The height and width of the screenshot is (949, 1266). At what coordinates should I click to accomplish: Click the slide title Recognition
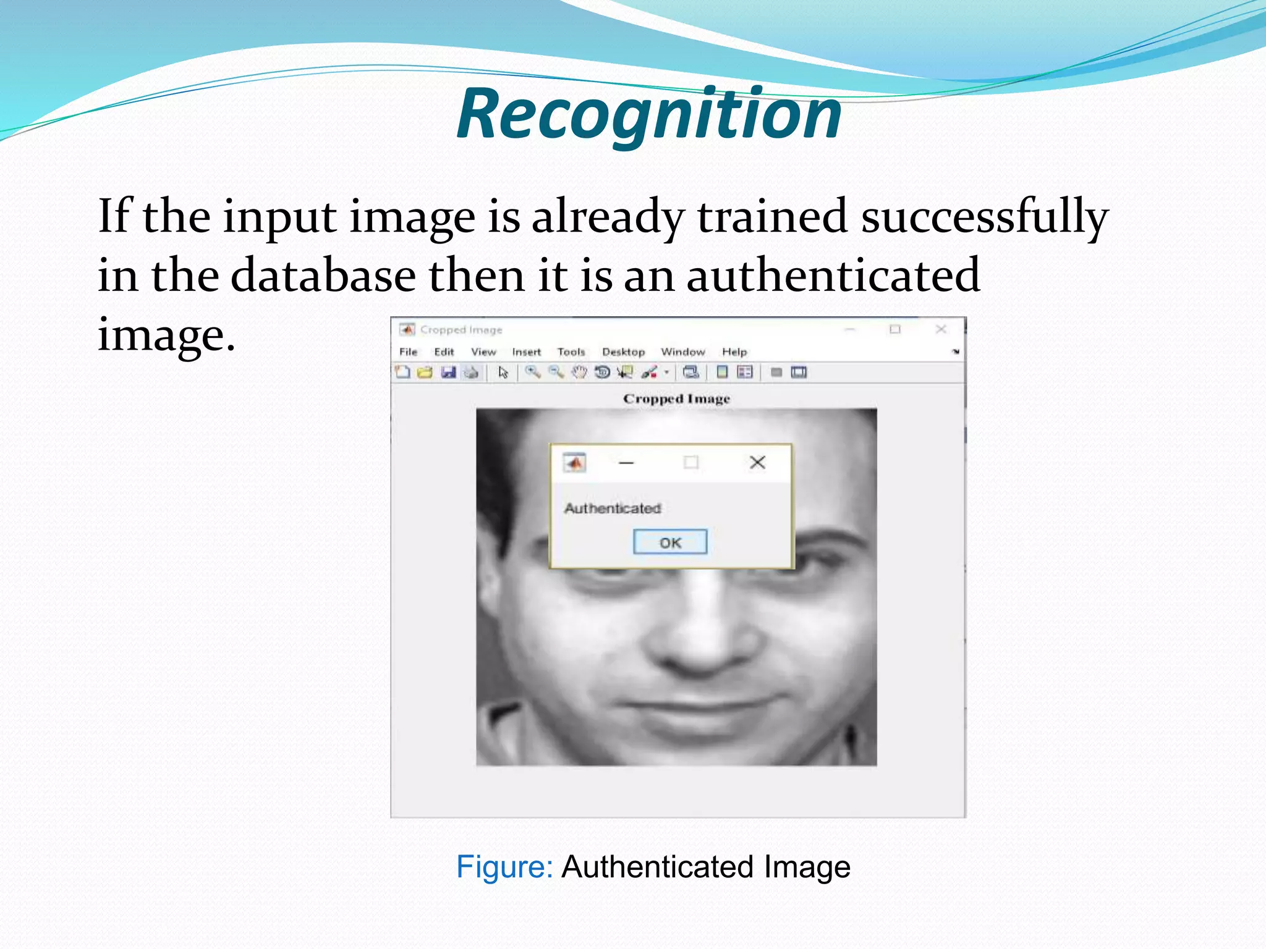[649, 114]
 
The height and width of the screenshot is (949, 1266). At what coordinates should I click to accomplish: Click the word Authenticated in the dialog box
[613, 508]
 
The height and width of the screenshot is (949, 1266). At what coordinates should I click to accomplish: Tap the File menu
[408, 352]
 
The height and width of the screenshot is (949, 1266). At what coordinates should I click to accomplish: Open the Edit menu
[444, 352]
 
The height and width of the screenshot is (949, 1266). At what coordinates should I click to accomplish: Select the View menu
[483, 352]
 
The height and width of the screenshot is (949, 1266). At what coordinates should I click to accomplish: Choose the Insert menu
[526, 352]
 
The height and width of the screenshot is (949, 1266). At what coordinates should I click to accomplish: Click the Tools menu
[571, 352]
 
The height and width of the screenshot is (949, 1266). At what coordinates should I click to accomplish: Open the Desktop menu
[623, 352]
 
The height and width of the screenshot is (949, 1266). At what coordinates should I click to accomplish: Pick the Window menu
[683, 352]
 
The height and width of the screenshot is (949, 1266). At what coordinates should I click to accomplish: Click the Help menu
[734, 352]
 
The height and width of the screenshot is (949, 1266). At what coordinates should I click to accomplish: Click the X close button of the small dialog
[757, 462]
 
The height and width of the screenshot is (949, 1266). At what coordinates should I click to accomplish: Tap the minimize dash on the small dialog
[626, 463]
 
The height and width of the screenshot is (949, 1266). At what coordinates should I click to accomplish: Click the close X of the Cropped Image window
[941, 329]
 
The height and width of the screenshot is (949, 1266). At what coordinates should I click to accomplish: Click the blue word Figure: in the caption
[504, 867]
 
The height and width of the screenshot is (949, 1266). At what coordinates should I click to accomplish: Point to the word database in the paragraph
[323, 276]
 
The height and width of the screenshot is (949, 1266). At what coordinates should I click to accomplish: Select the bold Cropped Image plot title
[676, 399]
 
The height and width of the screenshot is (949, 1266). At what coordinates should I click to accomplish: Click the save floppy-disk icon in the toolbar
[448, 372]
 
